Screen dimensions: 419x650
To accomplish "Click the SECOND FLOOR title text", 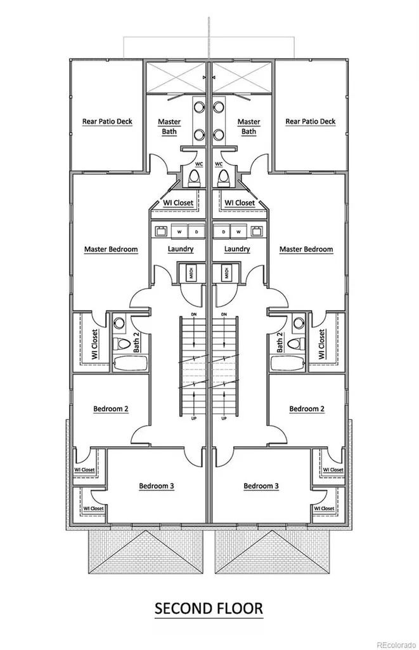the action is [x=209, y=608].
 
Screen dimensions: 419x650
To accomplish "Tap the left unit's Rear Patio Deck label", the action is [x=107, y=121].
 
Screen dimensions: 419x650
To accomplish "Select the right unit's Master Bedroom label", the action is [x=306, y=249].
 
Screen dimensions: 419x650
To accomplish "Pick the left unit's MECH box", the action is [x=191, y=272].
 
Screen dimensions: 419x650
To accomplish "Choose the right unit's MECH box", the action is [x=226, y=272].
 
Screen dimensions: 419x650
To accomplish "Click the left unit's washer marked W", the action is [x=179, y=232].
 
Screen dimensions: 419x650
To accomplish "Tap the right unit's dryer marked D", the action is [x=224, y=232].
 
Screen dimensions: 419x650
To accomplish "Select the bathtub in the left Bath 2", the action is [x=130, y=362].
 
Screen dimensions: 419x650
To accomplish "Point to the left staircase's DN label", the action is [x=194, y=315].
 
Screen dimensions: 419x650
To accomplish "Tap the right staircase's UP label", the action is [x=224, y=418].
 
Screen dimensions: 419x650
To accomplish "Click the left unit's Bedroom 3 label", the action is [x=157, y=486].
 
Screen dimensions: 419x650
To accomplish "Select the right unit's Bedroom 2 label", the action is [x=307, y=409].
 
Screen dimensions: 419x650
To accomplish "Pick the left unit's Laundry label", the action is [x=181, y=249].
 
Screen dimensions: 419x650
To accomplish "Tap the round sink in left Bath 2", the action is [x=120, y=322].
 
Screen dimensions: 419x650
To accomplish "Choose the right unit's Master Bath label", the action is [x=249, y=126].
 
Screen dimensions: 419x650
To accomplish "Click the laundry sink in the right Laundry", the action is [x=257, y=231].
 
